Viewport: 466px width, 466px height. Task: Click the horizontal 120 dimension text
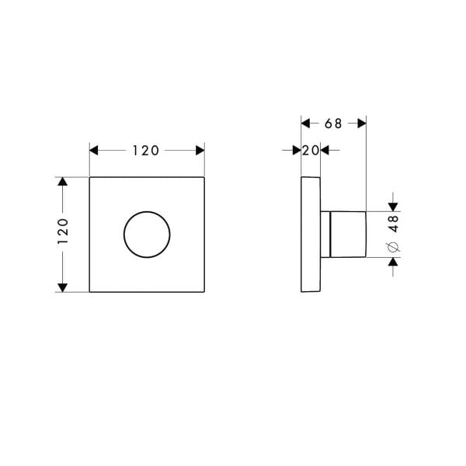[146, 151]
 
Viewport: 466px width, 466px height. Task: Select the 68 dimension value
[333, 123]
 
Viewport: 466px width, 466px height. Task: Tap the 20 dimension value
[310, 151]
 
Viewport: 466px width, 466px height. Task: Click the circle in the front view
[147, 234]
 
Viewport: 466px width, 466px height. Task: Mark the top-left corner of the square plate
[90, 177]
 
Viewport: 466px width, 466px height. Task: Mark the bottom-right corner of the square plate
[204, 292]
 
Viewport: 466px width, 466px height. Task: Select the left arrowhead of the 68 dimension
[306, 123]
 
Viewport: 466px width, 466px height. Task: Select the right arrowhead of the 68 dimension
[360, 123]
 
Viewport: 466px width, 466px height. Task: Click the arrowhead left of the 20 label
[296, 151]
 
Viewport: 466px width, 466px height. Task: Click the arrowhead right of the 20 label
[325, 151]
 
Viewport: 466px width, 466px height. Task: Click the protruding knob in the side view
[348, 234]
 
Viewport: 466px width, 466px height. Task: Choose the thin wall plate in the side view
[310, 234]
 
